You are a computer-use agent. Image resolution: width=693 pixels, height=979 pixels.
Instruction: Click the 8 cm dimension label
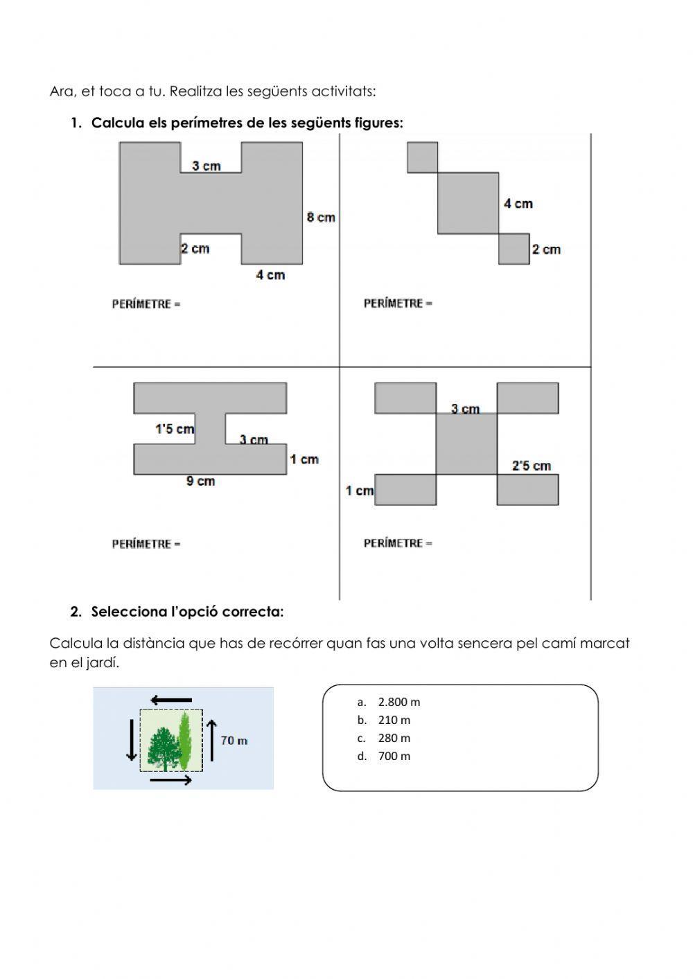point(321,218)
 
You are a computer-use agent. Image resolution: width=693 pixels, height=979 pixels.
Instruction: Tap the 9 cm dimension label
point(200,482)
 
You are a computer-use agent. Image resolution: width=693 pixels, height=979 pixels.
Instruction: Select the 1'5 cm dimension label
point(174,430)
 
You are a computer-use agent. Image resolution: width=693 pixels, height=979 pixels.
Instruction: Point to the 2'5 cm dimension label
point(532,466)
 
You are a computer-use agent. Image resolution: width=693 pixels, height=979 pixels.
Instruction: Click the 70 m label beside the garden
point(234,741)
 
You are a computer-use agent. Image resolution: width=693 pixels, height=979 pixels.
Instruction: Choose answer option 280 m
point(394,738)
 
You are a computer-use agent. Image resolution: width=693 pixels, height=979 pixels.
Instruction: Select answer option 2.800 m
point(398,702)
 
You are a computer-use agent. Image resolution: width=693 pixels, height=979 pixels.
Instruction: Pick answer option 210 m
point(394,720)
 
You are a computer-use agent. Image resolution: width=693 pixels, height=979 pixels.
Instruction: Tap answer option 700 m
point(394,756)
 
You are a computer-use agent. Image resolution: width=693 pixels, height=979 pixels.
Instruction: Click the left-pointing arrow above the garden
point(171,700)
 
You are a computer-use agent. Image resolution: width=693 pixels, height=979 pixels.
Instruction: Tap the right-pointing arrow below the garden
point(171,780)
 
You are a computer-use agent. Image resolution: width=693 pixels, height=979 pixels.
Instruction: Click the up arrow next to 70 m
point(211,740)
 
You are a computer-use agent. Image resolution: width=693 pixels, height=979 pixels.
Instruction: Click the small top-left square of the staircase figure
point(422,157)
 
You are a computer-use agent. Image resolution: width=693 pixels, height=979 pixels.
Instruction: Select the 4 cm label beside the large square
point(518,204)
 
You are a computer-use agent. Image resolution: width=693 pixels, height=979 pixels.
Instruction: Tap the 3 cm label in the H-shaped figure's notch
point(206,166)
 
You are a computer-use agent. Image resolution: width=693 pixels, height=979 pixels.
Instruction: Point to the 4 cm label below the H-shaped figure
point(270,275)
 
